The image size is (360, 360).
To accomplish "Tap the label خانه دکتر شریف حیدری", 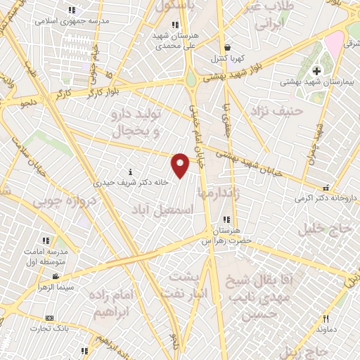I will (133, 181).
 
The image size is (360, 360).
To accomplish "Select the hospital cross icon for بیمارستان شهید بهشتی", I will (317, 71).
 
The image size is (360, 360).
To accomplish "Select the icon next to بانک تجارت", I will (49, 318).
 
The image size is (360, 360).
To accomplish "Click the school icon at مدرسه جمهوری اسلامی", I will (71, 11).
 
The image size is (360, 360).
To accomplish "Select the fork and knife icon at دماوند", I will (325, 319).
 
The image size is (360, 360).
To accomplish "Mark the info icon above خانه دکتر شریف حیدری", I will (131, 172).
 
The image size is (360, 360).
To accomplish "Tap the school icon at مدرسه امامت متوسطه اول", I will (47, 241).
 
